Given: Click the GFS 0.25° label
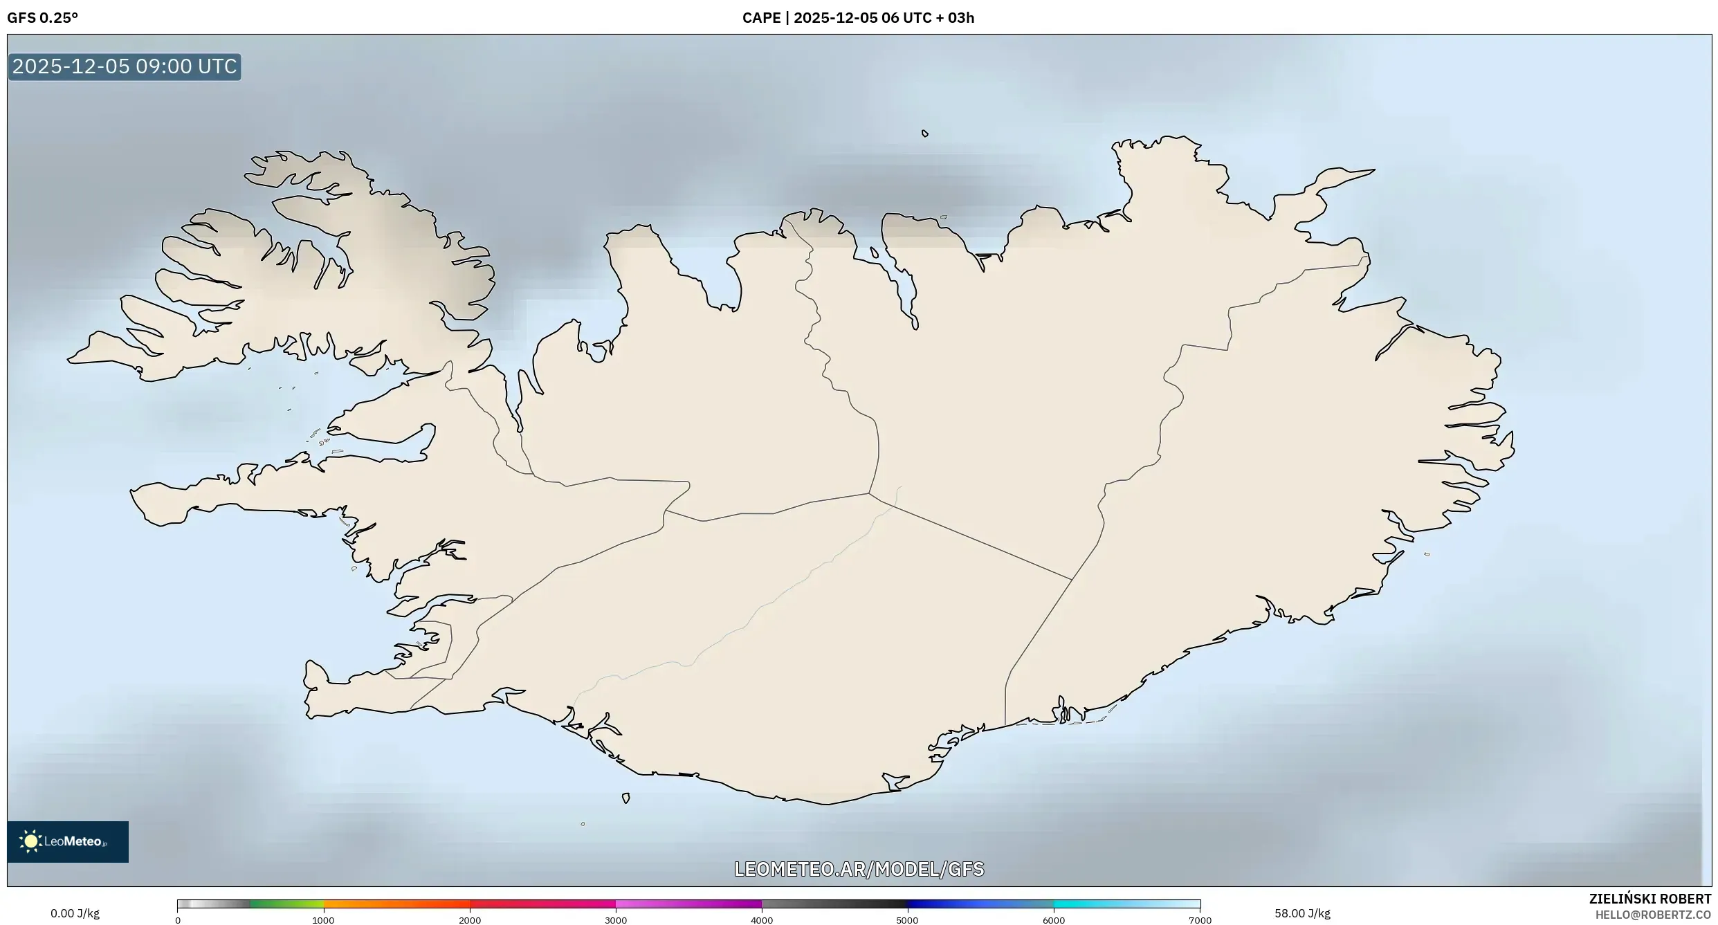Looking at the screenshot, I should pos(42,18).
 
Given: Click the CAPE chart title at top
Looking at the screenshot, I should pos(858,18).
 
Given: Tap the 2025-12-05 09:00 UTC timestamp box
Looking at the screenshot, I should pos(125,67).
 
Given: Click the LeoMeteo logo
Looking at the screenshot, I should pos(68,841).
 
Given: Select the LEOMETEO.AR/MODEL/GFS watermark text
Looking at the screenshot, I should pos(859,869).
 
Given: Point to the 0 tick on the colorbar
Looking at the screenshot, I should pos(178,920).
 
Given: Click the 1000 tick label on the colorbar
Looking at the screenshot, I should pos(323,920).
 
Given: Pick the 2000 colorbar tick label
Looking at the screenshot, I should pos(470,920).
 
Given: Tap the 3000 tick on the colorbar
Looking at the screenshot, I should pos(616,920).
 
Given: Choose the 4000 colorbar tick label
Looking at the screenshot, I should pos(762,920).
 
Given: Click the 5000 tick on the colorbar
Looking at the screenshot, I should pos(907,920).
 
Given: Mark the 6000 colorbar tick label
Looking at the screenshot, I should pos(1054,920).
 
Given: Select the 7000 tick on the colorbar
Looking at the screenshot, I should pos(1200,920).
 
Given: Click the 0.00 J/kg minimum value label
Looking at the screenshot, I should pos(75,913).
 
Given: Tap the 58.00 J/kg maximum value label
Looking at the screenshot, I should pos(1302,913).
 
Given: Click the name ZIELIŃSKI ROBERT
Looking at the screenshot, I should pos(1650,899).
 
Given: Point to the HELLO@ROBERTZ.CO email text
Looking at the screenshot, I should pos(1652,915).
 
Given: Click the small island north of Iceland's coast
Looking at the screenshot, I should pos(925,134).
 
